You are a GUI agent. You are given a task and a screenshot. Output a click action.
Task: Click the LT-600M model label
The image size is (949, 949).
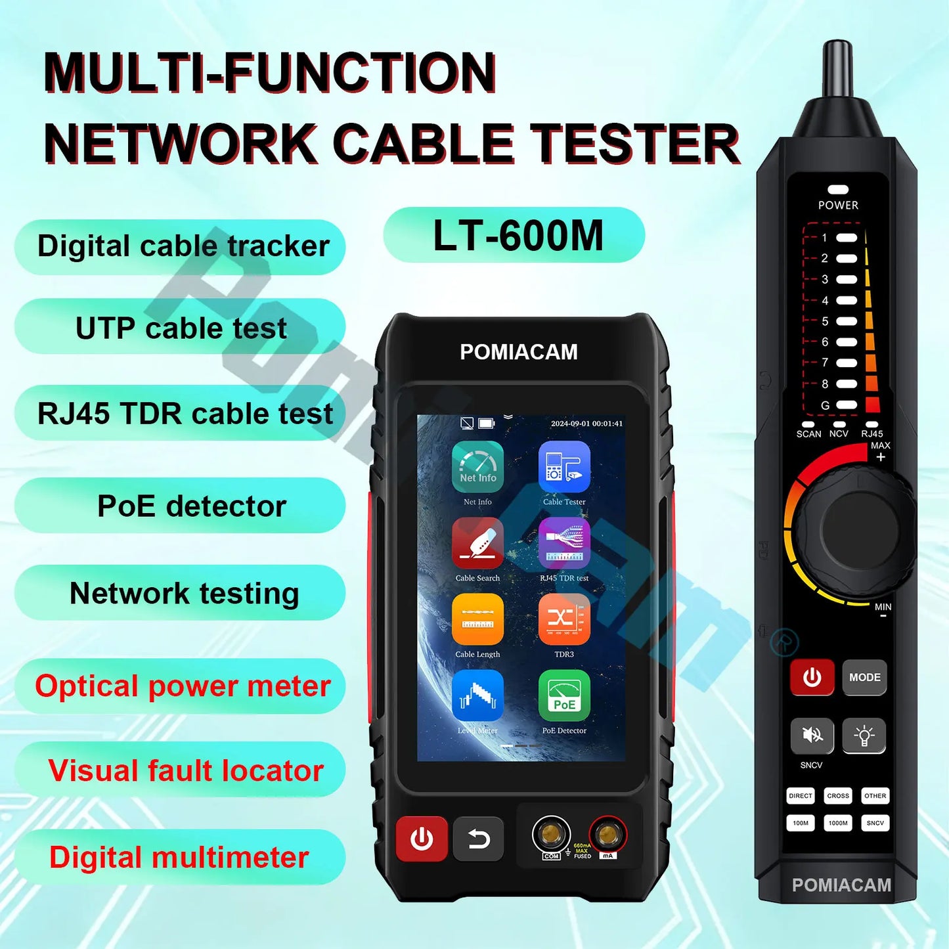click(517, 236)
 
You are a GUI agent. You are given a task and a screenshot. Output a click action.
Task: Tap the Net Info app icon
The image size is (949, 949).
click(477, 467)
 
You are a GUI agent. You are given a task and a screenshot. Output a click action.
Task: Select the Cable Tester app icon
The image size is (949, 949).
click(564, 467)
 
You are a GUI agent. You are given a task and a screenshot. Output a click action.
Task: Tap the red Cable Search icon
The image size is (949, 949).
click(477, 543)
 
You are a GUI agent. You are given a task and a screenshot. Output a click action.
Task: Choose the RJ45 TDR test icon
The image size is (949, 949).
click(564, 543)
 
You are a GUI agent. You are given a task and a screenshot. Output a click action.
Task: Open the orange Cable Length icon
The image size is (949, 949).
click(477, 619)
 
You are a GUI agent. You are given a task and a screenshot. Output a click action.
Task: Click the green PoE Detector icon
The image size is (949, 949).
click(564, 695)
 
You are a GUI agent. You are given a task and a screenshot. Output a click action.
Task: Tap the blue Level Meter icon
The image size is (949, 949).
click(477, 695)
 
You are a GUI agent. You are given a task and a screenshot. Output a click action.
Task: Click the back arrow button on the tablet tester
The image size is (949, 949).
click(479, 839)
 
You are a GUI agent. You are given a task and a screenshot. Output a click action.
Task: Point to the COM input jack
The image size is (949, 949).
click(550, 834)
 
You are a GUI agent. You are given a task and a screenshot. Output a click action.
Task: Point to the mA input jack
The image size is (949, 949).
click(607, 834)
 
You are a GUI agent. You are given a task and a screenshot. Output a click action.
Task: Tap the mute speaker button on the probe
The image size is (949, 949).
click(812, 735)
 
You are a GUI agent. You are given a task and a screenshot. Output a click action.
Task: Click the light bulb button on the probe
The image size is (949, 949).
click(864, 735)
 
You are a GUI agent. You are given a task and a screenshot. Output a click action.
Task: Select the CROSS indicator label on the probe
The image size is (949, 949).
click(838, 796)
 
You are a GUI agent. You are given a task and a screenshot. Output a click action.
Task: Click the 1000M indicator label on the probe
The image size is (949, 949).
click(838, 823)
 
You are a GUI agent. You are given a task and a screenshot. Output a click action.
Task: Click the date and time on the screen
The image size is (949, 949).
click(586, 424)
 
